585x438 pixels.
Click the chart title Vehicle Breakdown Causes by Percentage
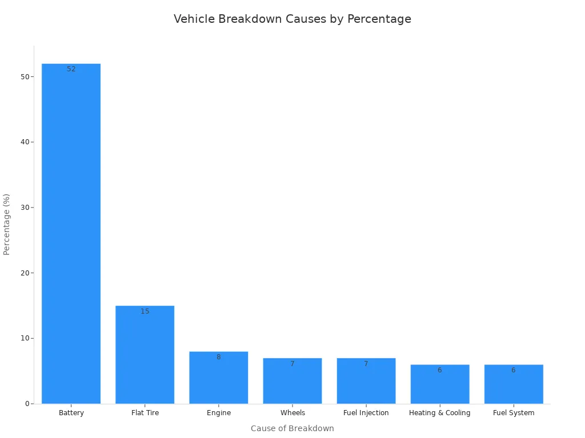[292, 19]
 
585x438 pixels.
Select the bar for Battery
[71, 234]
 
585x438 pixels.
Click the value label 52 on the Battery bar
[71, 69]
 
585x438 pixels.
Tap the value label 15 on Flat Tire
[145, 311]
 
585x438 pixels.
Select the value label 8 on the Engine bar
[218, 357]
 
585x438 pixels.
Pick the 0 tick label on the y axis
[27, 404]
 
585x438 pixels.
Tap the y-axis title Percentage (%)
[7, 224]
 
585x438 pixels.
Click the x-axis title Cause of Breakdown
[292, 428]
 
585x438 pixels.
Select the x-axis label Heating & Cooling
[439, 413]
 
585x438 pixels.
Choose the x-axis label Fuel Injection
[366, 413]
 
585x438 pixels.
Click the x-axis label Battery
[71, 413]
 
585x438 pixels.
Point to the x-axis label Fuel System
[513, 413]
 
